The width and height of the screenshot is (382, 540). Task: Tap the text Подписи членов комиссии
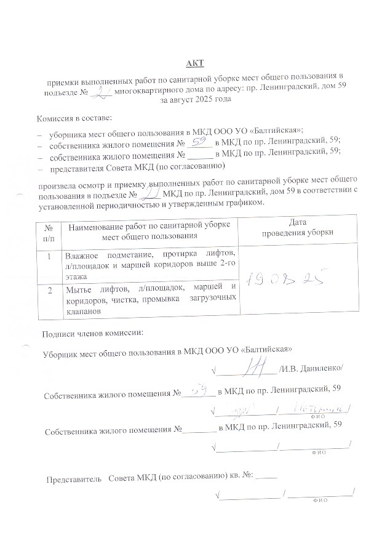[x=92, y=334]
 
